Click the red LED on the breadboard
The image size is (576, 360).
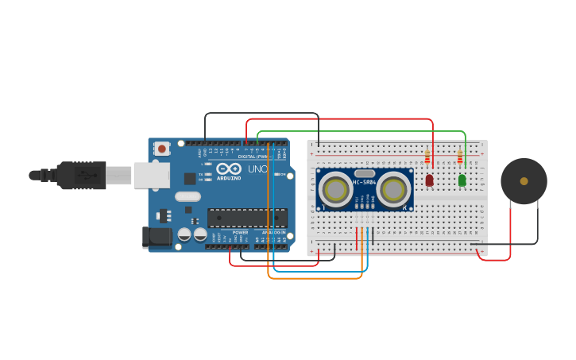[430, 180]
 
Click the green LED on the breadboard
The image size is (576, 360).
[462, 180]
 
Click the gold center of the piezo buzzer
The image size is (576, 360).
[524, 181]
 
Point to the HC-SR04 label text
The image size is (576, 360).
[364, 183]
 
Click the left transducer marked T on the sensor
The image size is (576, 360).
[336, 190]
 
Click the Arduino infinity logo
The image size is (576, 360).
[229, 169]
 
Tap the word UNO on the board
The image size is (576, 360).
[257, 169]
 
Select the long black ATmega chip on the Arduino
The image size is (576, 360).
[247, 217]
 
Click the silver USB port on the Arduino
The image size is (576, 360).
[151, 176]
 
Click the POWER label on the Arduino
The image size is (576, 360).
[240, 232]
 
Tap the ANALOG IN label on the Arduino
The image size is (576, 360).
[273, 232]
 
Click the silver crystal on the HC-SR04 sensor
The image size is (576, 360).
[365, 172]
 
